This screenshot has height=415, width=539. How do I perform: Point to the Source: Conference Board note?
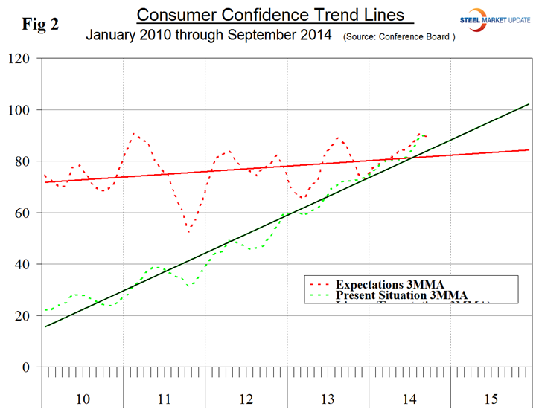[x=399, y=36]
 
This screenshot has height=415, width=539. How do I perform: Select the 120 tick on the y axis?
[x=25, y=59]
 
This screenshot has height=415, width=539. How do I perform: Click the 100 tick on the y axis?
[x=25, y=110]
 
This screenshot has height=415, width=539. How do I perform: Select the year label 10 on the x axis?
[x=83, y=399]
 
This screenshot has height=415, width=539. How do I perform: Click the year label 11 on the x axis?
[x=164, y=399]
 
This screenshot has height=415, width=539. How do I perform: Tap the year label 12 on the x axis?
[x=246, y=399]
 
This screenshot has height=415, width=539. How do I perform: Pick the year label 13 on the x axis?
[x=327, y=399]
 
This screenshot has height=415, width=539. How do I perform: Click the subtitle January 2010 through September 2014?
[x=208, y=35]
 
